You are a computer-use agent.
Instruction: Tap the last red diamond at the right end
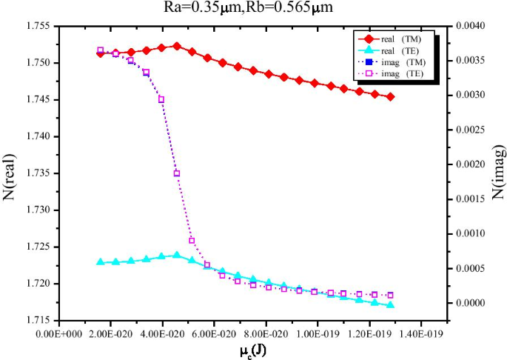click(x=390, y=97)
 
